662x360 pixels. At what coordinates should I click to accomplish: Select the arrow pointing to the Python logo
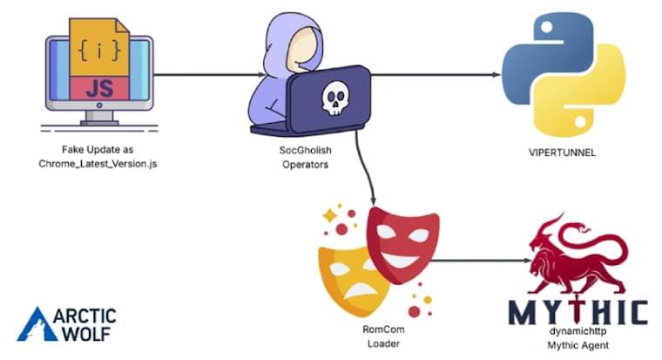(x=436, y=75)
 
